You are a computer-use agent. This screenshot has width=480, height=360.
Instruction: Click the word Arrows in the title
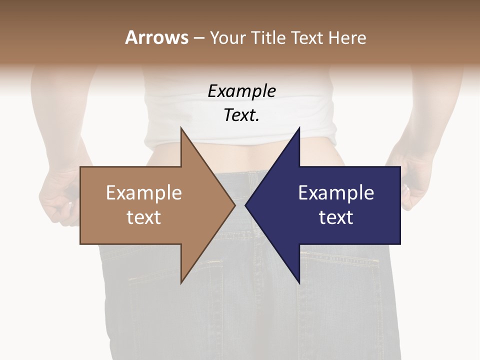(156, 37)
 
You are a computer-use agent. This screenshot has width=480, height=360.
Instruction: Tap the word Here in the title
(347, 37)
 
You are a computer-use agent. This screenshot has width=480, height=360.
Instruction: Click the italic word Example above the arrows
(241, 91)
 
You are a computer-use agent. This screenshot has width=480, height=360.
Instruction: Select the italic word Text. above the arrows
(241, 115)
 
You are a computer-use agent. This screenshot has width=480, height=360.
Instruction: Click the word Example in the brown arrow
(144, 193)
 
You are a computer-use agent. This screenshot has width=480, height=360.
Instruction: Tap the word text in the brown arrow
(144, 217)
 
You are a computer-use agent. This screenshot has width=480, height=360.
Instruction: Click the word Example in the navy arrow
(336, 193)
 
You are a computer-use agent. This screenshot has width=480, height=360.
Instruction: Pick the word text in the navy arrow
(336, 217)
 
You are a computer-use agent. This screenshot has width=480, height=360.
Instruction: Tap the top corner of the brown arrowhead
(181, 129)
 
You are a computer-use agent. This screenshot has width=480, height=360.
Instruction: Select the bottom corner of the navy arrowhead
(299, 282)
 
